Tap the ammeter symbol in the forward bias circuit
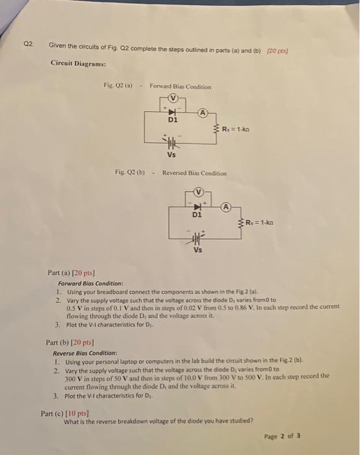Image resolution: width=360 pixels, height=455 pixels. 203,112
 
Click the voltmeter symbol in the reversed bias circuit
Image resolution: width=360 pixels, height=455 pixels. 199,193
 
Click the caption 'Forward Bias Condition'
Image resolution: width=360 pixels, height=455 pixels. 180,86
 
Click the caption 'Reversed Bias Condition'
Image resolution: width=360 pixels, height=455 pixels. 194,174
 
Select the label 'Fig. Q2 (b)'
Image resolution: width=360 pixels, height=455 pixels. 129,173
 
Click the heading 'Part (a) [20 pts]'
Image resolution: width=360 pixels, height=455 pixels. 71,274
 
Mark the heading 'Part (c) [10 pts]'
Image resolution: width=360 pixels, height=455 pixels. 64,412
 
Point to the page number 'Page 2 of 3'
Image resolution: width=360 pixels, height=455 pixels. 283,436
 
